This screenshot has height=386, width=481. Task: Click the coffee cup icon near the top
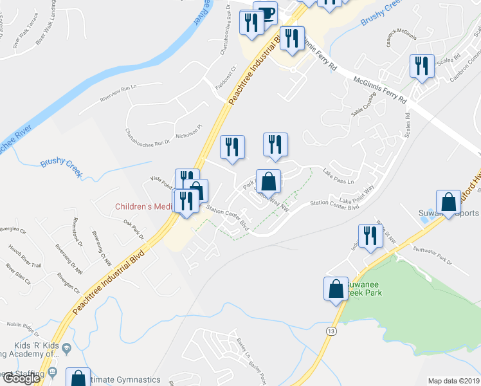point(265,13)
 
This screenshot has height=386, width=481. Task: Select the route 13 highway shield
point(331,331)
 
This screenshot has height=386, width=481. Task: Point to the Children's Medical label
point(143,207)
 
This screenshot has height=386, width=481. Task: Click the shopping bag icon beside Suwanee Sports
point(448,203)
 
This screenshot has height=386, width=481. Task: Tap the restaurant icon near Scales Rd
point(422,67)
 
